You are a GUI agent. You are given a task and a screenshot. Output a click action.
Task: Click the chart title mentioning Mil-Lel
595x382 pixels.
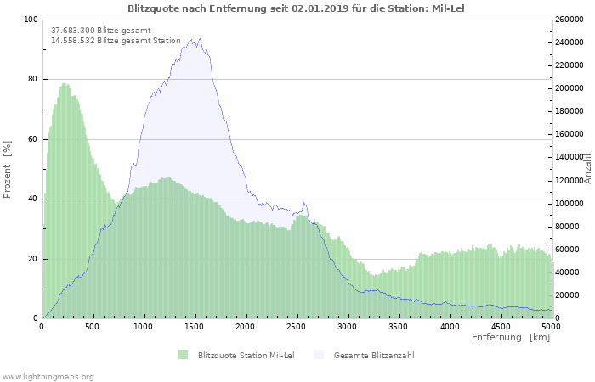(x=297, y=8)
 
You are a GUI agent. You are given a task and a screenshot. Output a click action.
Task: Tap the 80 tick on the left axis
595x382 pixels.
(x=33, y=79)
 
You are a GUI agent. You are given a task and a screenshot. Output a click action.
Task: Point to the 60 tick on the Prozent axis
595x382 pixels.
(x=33, y=139)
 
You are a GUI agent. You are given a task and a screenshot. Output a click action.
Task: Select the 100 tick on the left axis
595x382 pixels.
(x=31, y=20)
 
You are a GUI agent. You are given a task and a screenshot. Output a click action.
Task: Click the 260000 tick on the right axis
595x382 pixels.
(x=569, y=20)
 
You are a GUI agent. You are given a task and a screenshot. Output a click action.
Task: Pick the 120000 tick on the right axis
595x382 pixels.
(x=569, y=181)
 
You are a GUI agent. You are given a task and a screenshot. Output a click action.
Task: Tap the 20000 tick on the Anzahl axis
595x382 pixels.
(x=567, y=295)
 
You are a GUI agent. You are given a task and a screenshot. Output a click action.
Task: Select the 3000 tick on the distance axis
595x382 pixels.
(x=348, y=325)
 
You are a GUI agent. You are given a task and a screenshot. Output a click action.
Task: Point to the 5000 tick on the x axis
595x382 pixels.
(x=551, y=325)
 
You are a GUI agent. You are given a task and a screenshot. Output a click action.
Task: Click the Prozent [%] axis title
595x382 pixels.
(x=8, y=169)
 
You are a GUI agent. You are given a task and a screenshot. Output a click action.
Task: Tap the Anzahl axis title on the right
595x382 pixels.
(x=588, y=169)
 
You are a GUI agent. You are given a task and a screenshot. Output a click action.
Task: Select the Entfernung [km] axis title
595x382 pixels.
(x=510, y=337)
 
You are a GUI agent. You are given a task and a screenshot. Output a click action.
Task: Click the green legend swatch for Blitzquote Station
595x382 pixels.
(x=183, y=354)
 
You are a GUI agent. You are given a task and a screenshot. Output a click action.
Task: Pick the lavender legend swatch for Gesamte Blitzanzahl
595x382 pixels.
(x=319, y=354)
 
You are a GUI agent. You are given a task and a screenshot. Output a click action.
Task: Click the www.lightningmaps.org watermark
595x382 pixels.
(x=48, y=376)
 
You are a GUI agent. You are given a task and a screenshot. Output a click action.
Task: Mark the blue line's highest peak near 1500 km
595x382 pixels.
(x=199, y=38)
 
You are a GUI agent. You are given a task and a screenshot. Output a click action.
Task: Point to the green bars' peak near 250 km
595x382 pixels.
(x=65, y=84)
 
